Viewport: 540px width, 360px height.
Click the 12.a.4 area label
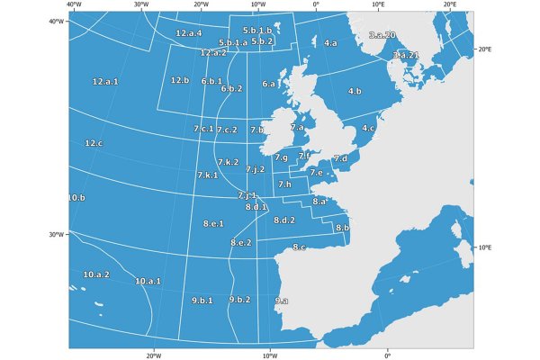189,33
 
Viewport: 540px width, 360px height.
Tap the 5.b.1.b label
257,31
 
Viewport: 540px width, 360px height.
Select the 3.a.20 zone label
382,34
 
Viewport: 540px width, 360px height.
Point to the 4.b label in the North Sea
354,91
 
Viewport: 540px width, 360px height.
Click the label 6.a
269,84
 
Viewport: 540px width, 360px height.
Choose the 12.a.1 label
105,82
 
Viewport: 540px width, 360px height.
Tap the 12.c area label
94,143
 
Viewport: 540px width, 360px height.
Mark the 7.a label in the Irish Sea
297,128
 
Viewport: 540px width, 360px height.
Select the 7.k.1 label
207,175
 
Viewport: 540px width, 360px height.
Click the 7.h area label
284,184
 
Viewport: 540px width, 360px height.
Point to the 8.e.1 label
213,222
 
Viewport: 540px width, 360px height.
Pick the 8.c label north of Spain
299,247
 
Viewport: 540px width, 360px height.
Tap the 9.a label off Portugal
282,301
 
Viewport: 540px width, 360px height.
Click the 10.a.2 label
96,274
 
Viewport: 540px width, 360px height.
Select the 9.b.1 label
202,300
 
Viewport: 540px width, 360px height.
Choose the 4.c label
368,128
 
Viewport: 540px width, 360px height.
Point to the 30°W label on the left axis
56,234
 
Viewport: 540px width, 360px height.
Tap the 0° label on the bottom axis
388,355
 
